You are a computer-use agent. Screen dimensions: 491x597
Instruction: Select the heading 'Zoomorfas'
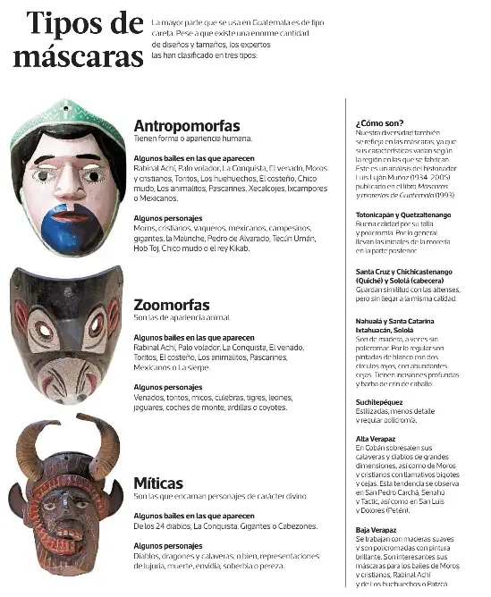(171, 305)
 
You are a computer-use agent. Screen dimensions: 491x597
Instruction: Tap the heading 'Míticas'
(158, 483)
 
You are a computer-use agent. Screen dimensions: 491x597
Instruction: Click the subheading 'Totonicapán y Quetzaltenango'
(403, 215)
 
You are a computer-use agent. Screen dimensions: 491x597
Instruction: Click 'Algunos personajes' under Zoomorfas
(166, 387)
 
